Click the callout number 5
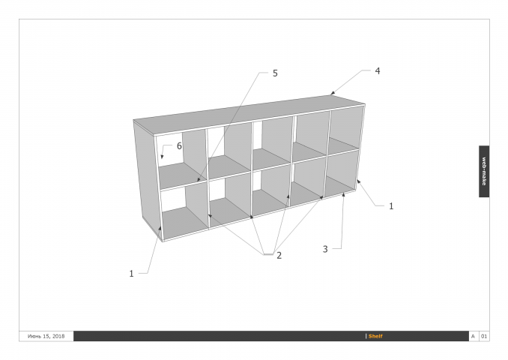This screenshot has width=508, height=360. pos(275,73)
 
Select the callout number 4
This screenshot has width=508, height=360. pos(378,71)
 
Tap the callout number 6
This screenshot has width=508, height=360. pos(179,146)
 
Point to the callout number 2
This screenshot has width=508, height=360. pos(279,256)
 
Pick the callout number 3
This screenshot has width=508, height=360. pos(325,249)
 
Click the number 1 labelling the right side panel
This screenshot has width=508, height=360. pos(391,206)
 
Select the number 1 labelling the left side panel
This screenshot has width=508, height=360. pos(131,274)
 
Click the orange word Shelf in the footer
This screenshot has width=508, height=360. pos(375,336)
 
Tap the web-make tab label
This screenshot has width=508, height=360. pos(484,171)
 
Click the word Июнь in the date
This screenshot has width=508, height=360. pos(34,336)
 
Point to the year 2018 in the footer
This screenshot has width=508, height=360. pos(58,336)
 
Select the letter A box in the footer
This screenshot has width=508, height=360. pos(473,336)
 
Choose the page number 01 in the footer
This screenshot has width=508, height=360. pos(484,336)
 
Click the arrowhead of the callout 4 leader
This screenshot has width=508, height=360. pos(333,94)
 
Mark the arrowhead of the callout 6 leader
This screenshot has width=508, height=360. pos(162,157)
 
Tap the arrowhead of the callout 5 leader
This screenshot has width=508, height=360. pos(199,179)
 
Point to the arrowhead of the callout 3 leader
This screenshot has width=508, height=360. pos(343,194)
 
